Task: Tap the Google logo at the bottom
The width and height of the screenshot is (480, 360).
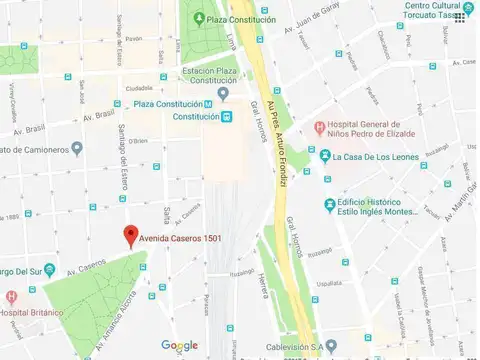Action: [180, 346]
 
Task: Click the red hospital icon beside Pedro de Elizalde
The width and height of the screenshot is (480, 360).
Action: [318, 128]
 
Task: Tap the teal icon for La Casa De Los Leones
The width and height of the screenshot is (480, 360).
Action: [324, 156]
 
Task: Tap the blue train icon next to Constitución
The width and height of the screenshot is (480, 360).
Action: [227, 117]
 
